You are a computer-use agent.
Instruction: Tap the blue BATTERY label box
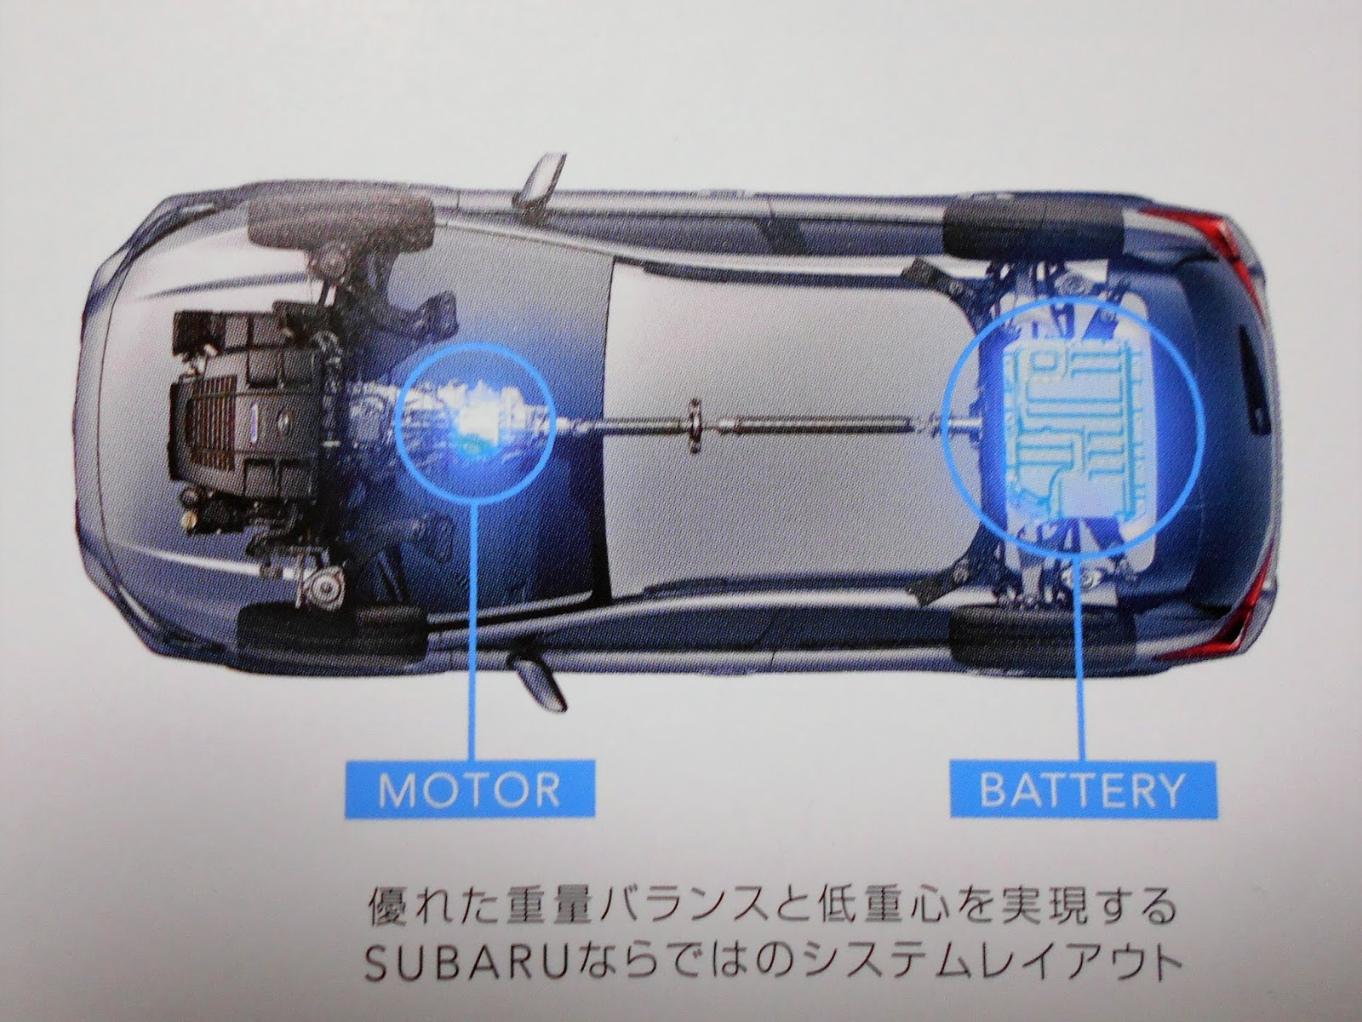point(1082,789)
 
